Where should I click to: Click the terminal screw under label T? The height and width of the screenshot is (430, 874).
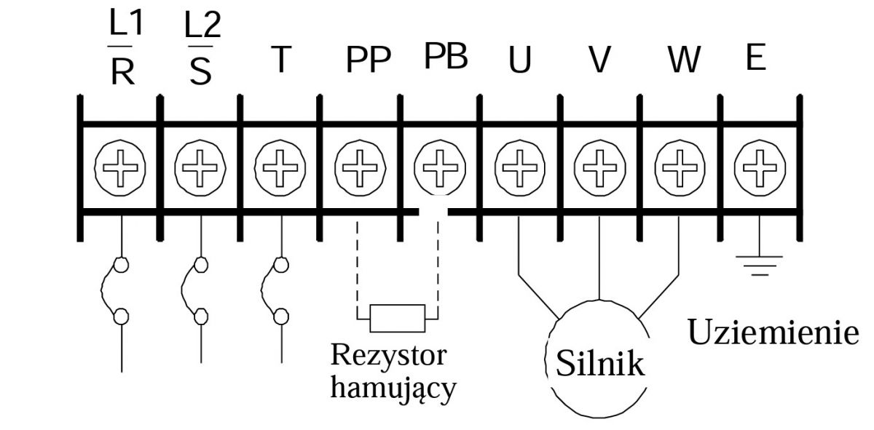tap(280, 167)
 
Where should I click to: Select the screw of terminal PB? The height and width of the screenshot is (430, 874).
tap(439, 167)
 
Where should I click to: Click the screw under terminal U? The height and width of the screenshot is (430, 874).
tap(519, 167)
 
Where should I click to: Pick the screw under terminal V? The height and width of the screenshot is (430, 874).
tap(599, 167)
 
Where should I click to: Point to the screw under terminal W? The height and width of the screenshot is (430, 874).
tap(680, 167)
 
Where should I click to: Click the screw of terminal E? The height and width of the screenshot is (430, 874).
tap(759, 167)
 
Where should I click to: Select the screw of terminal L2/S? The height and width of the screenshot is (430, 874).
tap(200, 167)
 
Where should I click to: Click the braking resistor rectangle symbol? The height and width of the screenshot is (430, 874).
tap(397, 317)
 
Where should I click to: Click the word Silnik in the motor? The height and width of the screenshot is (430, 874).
tap(600, 363)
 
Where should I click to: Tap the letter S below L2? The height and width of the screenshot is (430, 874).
tap(202, 73)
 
